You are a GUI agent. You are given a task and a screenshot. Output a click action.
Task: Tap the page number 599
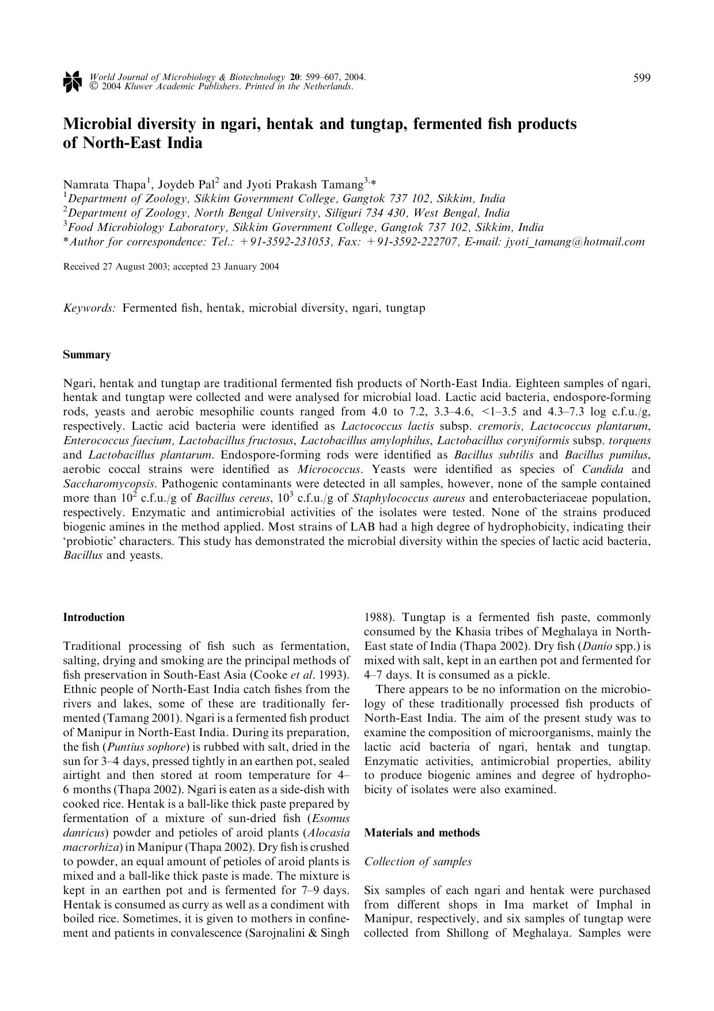pyautogui.click(x=642, y=78)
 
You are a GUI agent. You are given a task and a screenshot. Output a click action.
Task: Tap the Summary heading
pyautogui.click(x=86, y=355)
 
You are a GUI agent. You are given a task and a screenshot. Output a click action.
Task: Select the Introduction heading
pyautogui.click(x=93, y=618)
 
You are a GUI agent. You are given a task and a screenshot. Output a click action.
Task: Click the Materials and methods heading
pyautogui.click(x=421, y=833)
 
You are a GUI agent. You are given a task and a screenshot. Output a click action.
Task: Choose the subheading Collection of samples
pyautogui.click(x=418, y=862)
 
